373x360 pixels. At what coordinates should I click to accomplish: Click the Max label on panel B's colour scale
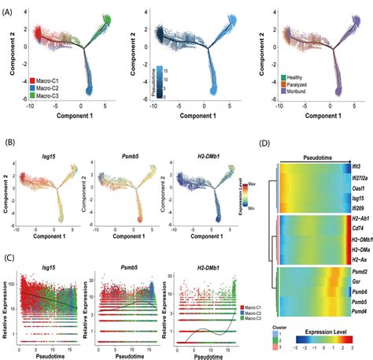click(248, 185)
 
